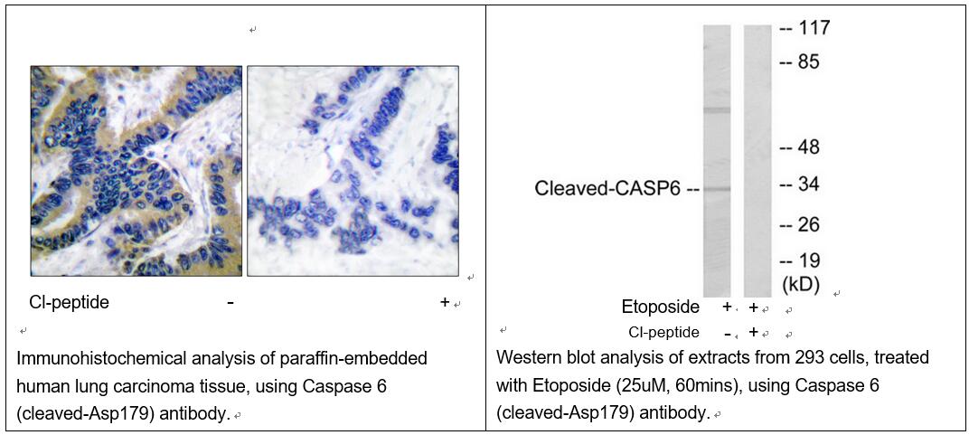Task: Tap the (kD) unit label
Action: (801, 284)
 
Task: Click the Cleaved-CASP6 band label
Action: (609, 189)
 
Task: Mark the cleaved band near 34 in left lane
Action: (717, 188)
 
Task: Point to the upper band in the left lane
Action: (717, 110)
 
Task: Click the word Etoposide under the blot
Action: (661, 307)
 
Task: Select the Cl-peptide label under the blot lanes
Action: (663, 333)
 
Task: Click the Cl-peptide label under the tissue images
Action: (70, 303)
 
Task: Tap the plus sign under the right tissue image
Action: (445, 302)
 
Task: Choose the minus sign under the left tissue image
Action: (230, 303)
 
